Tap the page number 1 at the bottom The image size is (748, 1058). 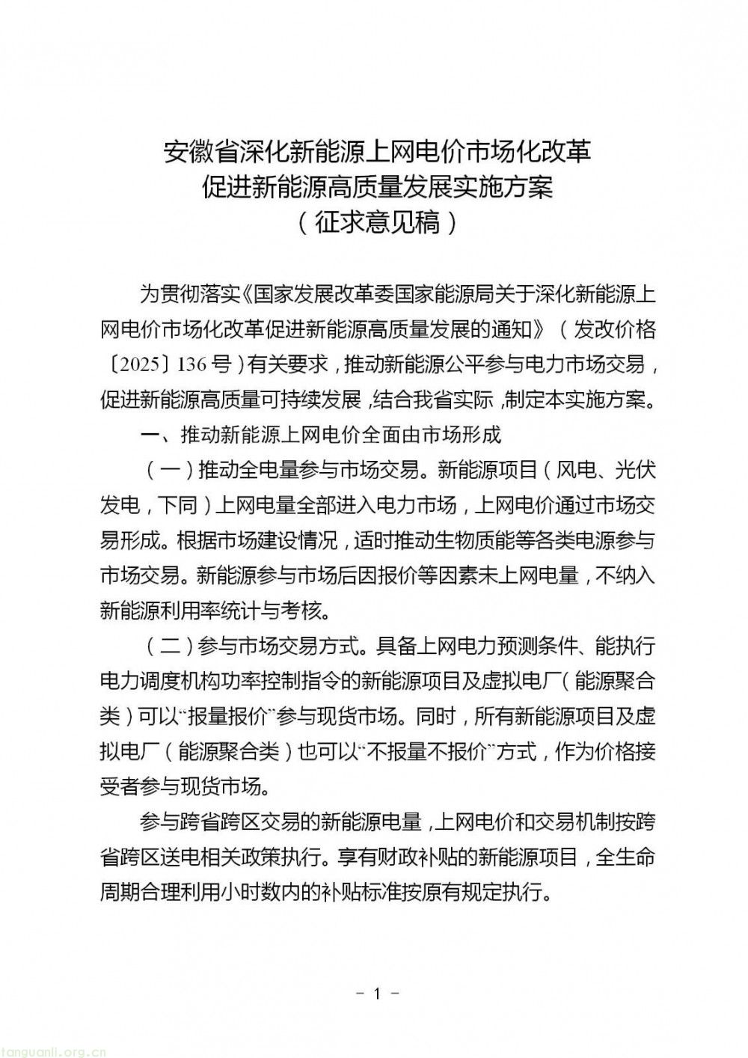tap(377, 994)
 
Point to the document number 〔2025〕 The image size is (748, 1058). tap(137, 365)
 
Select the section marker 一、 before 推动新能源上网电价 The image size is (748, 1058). tap(149, 435)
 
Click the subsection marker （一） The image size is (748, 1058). tap(169, 470)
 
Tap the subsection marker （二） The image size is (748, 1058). tap(169, 646)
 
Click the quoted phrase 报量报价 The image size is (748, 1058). tap(227, 716)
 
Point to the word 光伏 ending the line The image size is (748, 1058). tap(635, 470)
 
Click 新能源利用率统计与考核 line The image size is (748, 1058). tap(213, 611)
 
